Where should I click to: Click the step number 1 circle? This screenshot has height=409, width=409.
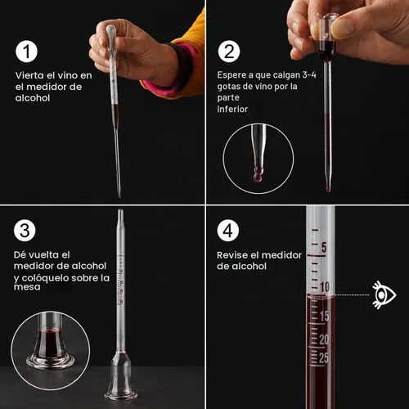click(26, 52)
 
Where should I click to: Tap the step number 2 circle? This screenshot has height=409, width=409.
click(229, 52)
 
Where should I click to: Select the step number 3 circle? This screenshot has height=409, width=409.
click(25, 231)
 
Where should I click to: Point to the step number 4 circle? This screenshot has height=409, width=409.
click(228, 231)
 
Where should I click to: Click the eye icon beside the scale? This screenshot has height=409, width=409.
click(384, 294)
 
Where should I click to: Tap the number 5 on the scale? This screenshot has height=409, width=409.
click(324, 247)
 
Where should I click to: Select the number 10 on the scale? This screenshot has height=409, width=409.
click(325, 287)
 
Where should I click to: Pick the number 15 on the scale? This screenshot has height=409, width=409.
click(324, 316)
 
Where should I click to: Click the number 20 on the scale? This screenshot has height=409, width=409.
click(324, 339)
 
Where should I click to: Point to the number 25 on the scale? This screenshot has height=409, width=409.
click(324, 357)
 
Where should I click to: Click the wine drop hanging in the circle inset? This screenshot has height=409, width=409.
click(258, 176)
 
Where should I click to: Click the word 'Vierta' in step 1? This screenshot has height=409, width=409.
click(28, 75)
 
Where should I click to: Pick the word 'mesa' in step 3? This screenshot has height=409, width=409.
click(27, 287)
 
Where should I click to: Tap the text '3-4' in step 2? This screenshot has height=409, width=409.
click(309, 74)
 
